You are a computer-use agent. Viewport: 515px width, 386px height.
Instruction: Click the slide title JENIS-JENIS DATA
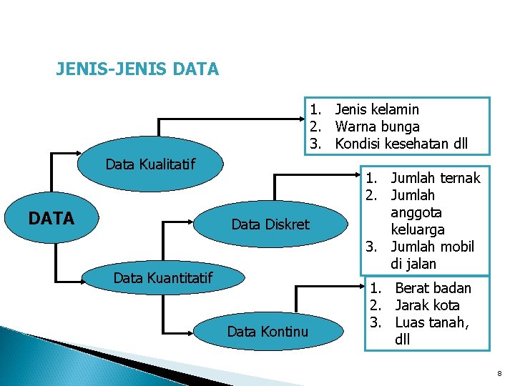click(x=137, y=69)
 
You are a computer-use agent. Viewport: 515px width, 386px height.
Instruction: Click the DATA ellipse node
click(x=51, y=218)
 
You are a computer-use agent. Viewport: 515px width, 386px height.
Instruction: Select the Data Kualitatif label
click(x=150, y=164)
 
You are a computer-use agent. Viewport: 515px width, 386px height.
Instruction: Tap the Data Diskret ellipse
click(x=270, y=224)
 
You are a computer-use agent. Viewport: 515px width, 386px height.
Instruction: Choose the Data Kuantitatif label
click(x=163, y=277)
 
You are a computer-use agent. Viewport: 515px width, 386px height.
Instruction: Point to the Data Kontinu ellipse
click(x=268, y=331)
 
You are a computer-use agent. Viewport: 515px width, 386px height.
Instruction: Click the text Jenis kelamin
click(x=377, y=109)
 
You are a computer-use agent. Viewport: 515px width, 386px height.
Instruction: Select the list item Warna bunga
click(x=377, y=127)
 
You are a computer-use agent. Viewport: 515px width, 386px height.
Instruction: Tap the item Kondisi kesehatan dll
click(x=401, y=144)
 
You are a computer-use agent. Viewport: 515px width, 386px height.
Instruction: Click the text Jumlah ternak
click(x=436, y=178)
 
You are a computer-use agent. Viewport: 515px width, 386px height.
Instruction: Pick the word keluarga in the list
click(x=418, y=229)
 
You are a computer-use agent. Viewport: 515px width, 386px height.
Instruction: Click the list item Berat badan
click(x=433, y=288)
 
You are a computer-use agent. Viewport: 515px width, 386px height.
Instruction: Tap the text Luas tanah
click(x=431, y=322)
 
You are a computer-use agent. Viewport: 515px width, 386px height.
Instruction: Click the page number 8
click(x=499, y=374)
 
